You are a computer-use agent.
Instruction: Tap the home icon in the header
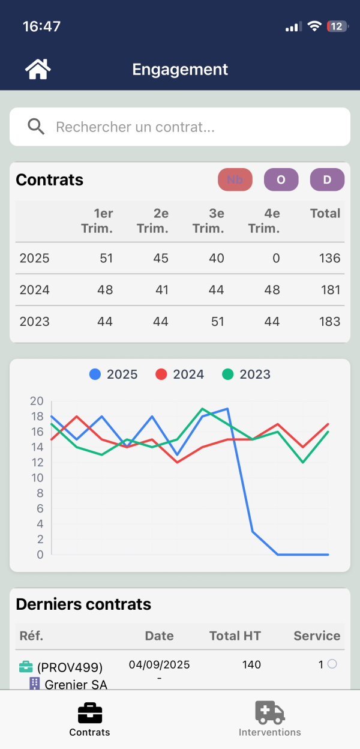pyautogui.click(x=38, y=70)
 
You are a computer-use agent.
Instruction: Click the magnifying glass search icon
pyautogui.click(x=36, y=127)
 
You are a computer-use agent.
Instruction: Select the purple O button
pyautogui.click(x=281, y=179)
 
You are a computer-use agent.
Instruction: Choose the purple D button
pyautogui.click(x=327, y=179)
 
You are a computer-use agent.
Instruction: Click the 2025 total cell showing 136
pyautogui.click(x=329, y=259)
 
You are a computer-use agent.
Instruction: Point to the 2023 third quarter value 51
pyautogui.click(x=217, y=322)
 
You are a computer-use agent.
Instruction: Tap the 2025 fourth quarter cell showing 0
pyautogui.click(x=276, y=259)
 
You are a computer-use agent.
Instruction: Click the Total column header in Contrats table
pyautogui.click(x=325, y=214)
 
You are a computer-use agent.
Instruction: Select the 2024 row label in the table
pyautogui.click(x=34, y=290)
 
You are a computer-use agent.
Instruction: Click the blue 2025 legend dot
pyautogui.click(x=95, y=374)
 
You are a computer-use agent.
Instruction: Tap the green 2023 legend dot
pyautogui.click(x=227, y=374)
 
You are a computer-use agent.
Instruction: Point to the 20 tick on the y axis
pyautogui.click(x=37, y=401)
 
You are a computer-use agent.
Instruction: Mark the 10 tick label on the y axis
pyautogui.click(x=37, y=478)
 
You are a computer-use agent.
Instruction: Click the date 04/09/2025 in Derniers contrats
pyautogui.click(x=159, y=664)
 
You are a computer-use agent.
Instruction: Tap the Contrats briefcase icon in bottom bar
pyautogui.click(x=90, y=713)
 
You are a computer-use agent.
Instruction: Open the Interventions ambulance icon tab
pyautogui.click(x=269, y=713)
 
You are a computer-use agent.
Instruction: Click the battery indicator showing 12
pyautogui.click(x=335, y=26)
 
